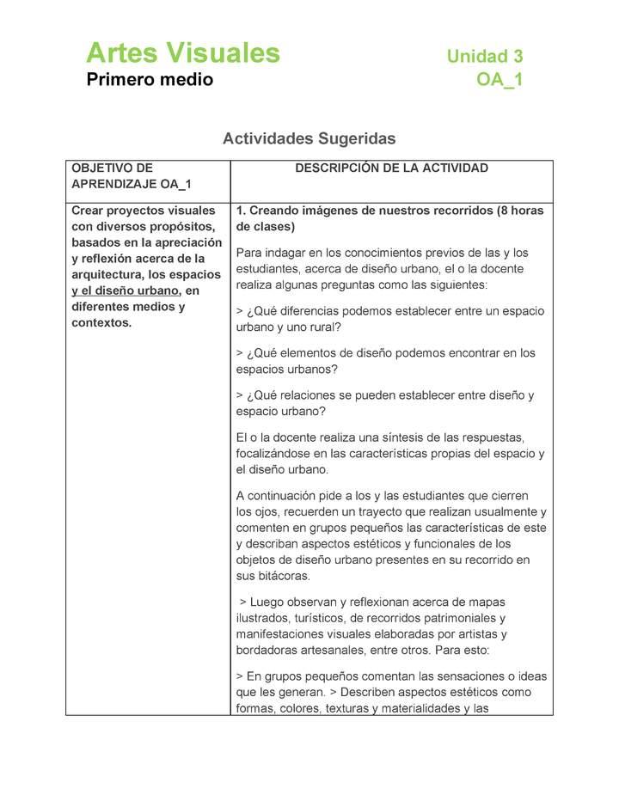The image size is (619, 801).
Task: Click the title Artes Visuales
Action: coord(183,53)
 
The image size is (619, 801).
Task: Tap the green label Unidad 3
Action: coord(484,57)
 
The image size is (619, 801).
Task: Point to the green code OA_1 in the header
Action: coord(499,81)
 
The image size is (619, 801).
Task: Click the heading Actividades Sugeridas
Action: coord(309,138)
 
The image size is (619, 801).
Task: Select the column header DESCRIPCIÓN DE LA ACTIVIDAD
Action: coord(391,168)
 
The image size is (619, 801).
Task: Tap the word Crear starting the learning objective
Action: coord(89,211)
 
